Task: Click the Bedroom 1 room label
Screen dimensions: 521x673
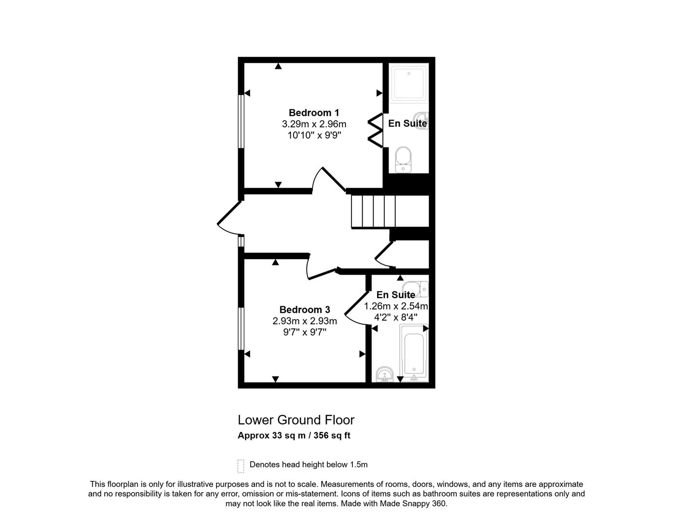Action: (314, 112)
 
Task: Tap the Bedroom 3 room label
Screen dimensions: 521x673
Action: (305, 310)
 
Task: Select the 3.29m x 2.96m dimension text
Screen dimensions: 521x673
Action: (314, 124)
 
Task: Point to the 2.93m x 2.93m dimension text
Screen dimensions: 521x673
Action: (305, 321)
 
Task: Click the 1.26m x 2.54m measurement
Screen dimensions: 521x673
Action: (395, 306)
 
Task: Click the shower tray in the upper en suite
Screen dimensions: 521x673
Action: (409, 83)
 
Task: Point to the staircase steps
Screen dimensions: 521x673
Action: (373, 211)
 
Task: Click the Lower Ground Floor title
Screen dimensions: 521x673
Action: (296, 420)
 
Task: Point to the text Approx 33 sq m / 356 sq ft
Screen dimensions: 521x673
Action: (294, 436)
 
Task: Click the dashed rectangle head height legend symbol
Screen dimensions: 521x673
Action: (241, 466)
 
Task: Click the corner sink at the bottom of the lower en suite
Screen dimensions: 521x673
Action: (385, 374)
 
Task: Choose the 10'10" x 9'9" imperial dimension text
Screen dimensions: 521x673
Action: (314, 136)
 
